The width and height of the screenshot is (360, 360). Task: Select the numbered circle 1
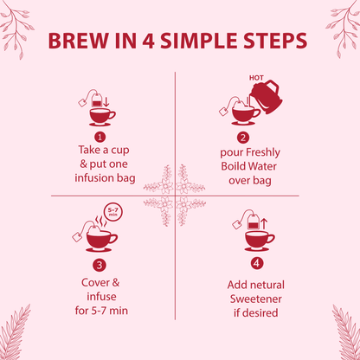point(100,136)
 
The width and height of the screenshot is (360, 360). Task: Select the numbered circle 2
point(244,136)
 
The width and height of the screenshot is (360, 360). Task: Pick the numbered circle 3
point(100,266)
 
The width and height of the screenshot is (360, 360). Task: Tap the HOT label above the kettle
point(255,76)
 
